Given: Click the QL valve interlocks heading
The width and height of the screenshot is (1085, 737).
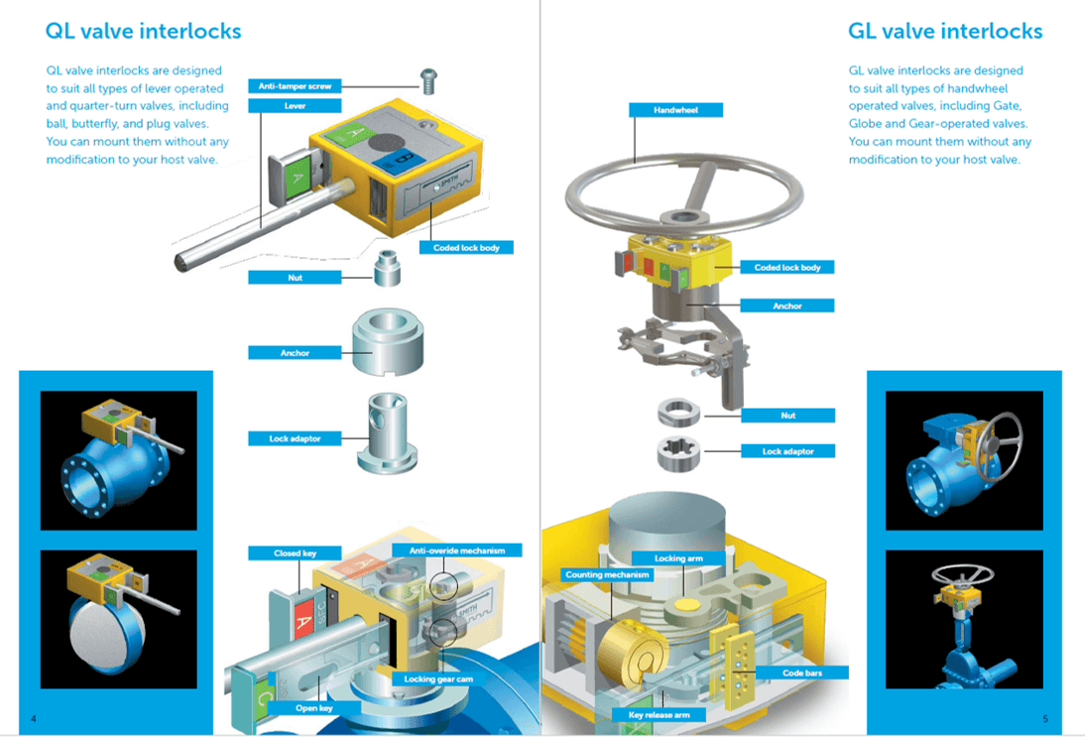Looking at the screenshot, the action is pyautogui.click(x=143, y=31).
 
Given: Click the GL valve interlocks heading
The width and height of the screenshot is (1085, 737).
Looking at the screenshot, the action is pyautogui.click(x=945, y=31).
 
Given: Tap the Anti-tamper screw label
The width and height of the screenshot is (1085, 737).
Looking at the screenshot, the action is pyautogui.click(x=295, y=86).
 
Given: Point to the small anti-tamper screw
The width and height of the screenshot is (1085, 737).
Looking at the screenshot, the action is pyautogui.click(x=429, y=80).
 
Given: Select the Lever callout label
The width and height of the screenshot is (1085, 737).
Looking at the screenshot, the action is pyautogui.click(x=295, y=106).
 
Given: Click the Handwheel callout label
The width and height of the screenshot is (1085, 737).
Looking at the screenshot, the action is pyautogui.click(x=676, y=110).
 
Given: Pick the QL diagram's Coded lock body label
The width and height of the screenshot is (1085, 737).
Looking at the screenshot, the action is pyautogui.click(x=466, y=248).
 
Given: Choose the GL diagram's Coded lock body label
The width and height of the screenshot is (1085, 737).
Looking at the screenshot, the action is pyautogui.click(x=787, y=267).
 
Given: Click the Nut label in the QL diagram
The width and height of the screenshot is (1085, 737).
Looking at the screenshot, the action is pyautogui.click(x=295, y=278).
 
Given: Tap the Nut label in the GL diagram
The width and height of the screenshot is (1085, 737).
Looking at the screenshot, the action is pyautogui.click(x=788, y=416).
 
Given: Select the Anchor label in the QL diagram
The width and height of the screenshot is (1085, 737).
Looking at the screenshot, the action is pyautogui.click(x=295, y=353).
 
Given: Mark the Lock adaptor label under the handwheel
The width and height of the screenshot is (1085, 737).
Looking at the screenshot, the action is pyautogui.click(x=788, y=451).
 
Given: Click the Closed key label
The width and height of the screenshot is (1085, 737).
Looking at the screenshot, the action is pyautogui.click(x=295, y=553).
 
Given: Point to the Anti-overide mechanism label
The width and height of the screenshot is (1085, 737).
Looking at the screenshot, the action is pyautogui.click(x=456, y=551).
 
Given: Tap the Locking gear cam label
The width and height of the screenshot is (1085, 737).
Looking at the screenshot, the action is pyautogui.click(x=438, y=678).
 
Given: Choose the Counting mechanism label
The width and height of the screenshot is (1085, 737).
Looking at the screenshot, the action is pyautogui.click(x=607, y=574).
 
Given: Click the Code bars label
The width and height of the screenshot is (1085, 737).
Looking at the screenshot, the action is pyautogui.click(x=802, y=673).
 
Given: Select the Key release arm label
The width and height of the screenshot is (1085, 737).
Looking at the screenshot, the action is pyautogui.click(x=659, y=715).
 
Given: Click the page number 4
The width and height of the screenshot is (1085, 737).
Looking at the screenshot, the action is pyautogui.click(x=33, y=719).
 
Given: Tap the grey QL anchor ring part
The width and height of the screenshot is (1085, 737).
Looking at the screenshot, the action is pyautogui.click(x=388, y=342).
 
